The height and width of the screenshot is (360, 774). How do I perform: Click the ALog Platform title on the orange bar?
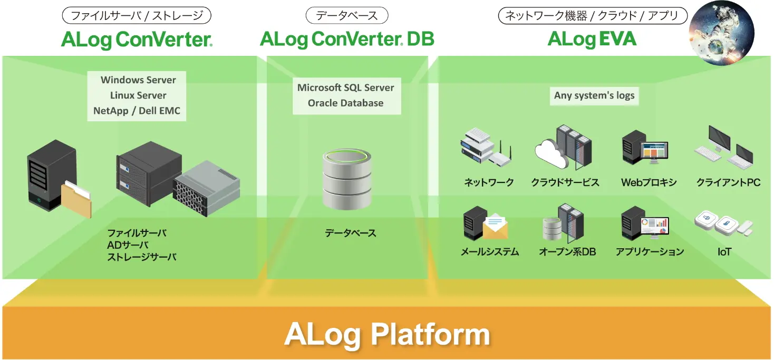pos(387,335)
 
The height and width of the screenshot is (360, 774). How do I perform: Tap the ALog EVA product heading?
pos(592,40)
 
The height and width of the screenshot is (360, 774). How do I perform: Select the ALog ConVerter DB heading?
pos(347,40)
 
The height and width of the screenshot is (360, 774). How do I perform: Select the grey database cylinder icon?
pos(345,179)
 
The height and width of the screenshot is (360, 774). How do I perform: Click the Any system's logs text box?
pos(594,96)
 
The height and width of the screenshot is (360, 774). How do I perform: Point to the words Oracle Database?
pos(346,103)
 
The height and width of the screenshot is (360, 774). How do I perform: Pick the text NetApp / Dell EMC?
pos(137,111)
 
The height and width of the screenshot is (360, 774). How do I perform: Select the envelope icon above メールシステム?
pos(495,227)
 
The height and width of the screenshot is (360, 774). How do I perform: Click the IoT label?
pos(724,252)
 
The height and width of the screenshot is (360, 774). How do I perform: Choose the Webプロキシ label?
pos(649,183)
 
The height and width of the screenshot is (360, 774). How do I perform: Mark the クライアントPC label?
pos(728,183)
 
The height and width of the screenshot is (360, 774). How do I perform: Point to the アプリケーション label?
pos(650,252)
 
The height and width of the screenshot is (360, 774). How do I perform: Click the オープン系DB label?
pos(567,252)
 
